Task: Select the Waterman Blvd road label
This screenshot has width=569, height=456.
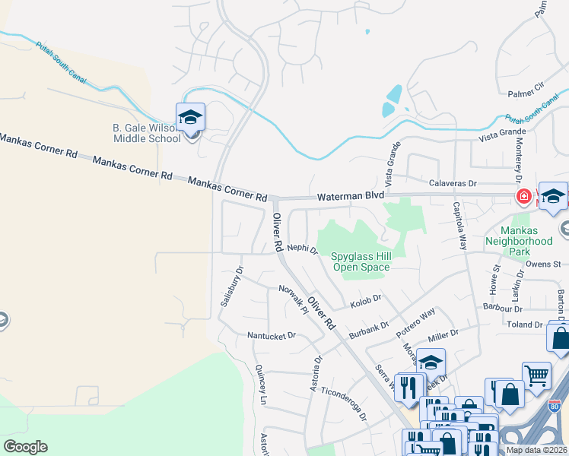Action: (x=351, y=196)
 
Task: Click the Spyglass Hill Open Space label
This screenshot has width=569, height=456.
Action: (x=361, y=261)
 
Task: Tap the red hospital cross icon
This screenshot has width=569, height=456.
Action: (x=523, y=198)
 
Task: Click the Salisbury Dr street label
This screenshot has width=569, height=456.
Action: (x=230, y=285)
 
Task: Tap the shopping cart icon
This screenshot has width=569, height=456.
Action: (x=536, y=375)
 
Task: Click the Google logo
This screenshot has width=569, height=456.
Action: (x=26, y=447)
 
